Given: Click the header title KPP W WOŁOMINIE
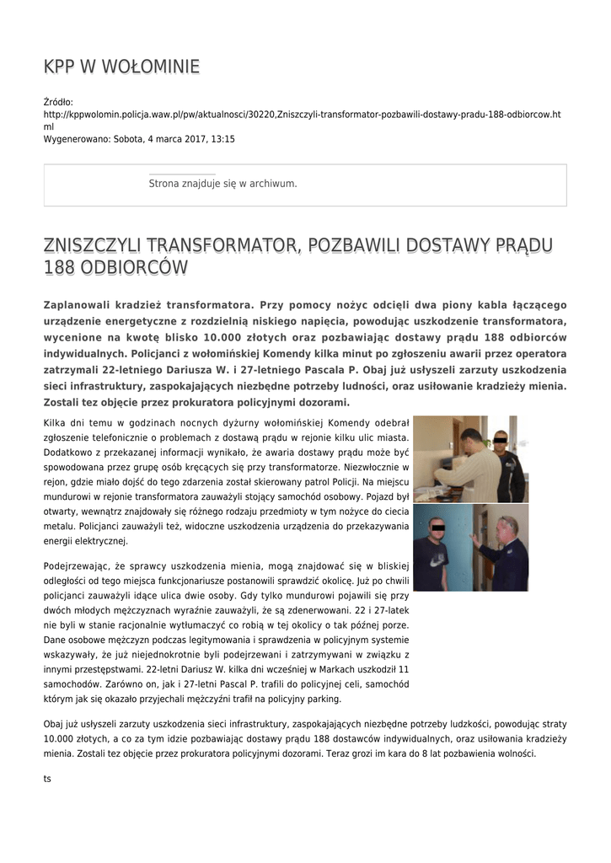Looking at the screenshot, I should tap(121, 67).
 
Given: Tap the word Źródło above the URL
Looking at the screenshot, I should tap(58, 102).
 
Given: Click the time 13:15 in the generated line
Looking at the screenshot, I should tap(222, 139).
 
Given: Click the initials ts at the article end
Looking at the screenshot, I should tap(47, 778).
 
